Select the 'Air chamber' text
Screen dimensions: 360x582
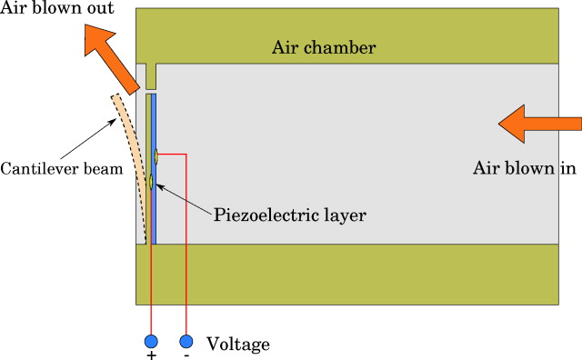point(323,47)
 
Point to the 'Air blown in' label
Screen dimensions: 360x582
point(526,168)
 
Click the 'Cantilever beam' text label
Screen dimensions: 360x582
point(61,169)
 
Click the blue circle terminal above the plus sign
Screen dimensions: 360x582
point(151,342)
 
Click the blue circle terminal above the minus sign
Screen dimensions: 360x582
point(186,342)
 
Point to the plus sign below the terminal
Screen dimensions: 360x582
point(151,356)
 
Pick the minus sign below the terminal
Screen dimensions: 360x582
point(186,356)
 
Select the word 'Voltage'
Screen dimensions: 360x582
point(238,345)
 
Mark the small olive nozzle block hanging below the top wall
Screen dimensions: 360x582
point(150,76)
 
